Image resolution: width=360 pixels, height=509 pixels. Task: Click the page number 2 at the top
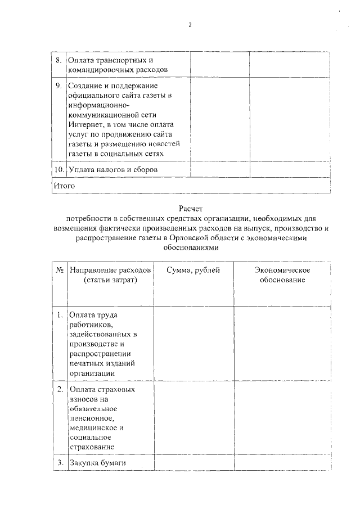pos(190,25)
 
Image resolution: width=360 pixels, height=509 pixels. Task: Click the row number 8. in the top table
pos(58,60)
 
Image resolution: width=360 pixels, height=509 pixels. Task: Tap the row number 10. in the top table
pos(58,169)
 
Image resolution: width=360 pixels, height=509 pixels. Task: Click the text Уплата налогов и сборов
pos(112,169)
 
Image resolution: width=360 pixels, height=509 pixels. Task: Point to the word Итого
pos(64,185)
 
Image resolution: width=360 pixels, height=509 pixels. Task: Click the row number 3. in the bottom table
pos(60,463)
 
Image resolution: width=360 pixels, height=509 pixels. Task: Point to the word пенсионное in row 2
pos(92,418)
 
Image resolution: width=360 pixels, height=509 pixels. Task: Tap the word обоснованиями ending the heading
pos(190,247)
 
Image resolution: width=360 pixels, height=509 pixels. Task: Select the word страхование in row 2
pos(92,447)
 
